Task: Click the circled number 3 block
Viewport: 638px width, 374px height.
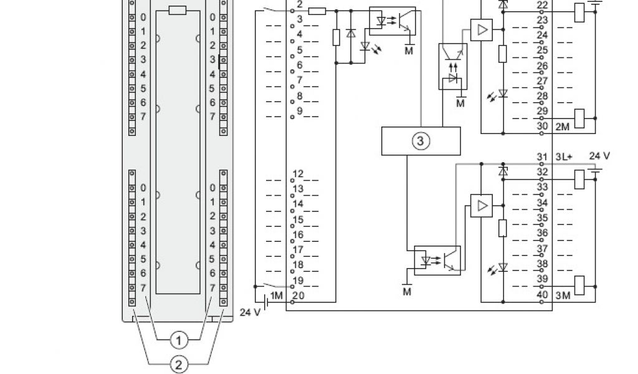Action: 421,141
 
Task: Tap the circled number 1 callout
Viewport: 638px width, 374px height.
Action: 179,340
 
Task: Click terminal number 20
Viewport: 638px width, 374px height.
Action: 298,295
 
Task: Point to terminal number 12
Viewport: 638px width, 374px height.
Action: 298,173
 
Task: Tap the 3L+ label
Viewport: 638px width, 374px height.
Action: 564,156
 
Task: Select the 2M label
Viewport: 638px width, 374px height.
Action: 563,127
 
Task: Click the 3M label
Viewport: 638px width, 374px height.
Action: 563,295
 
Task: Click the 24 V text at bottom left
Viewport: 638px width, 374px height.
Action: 250,312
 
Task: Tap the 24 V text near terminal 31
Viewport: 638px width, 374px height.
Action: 599,155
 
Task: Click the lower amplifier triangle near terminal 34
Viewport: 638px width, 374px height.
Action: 480,204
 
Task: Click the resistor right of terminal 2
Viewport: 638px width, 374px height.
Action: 317,11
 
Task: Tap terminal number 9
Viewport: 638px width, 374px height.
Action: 299,111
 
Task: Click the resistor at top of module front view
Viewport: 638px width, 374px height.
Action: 178,9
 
